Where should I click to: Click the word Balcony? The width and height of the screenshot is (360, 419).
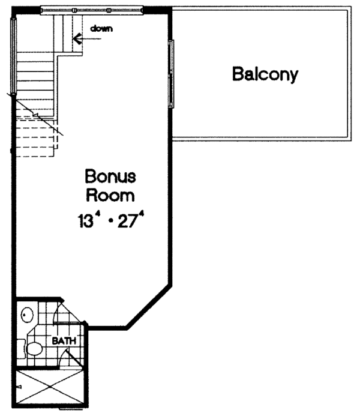click(x=265, y=74)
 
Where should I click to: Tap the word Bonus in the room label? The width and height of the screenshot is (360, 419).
click(x=110, y=177)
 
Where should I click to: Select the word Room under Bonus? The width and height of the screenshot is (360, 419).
click(x=110, y=196)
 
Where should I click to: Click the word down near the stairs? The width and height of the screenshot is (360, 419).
click(x=101, y=28)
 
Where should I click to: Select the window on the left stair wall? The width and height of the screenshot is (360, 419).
click(x=12, y=54)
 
